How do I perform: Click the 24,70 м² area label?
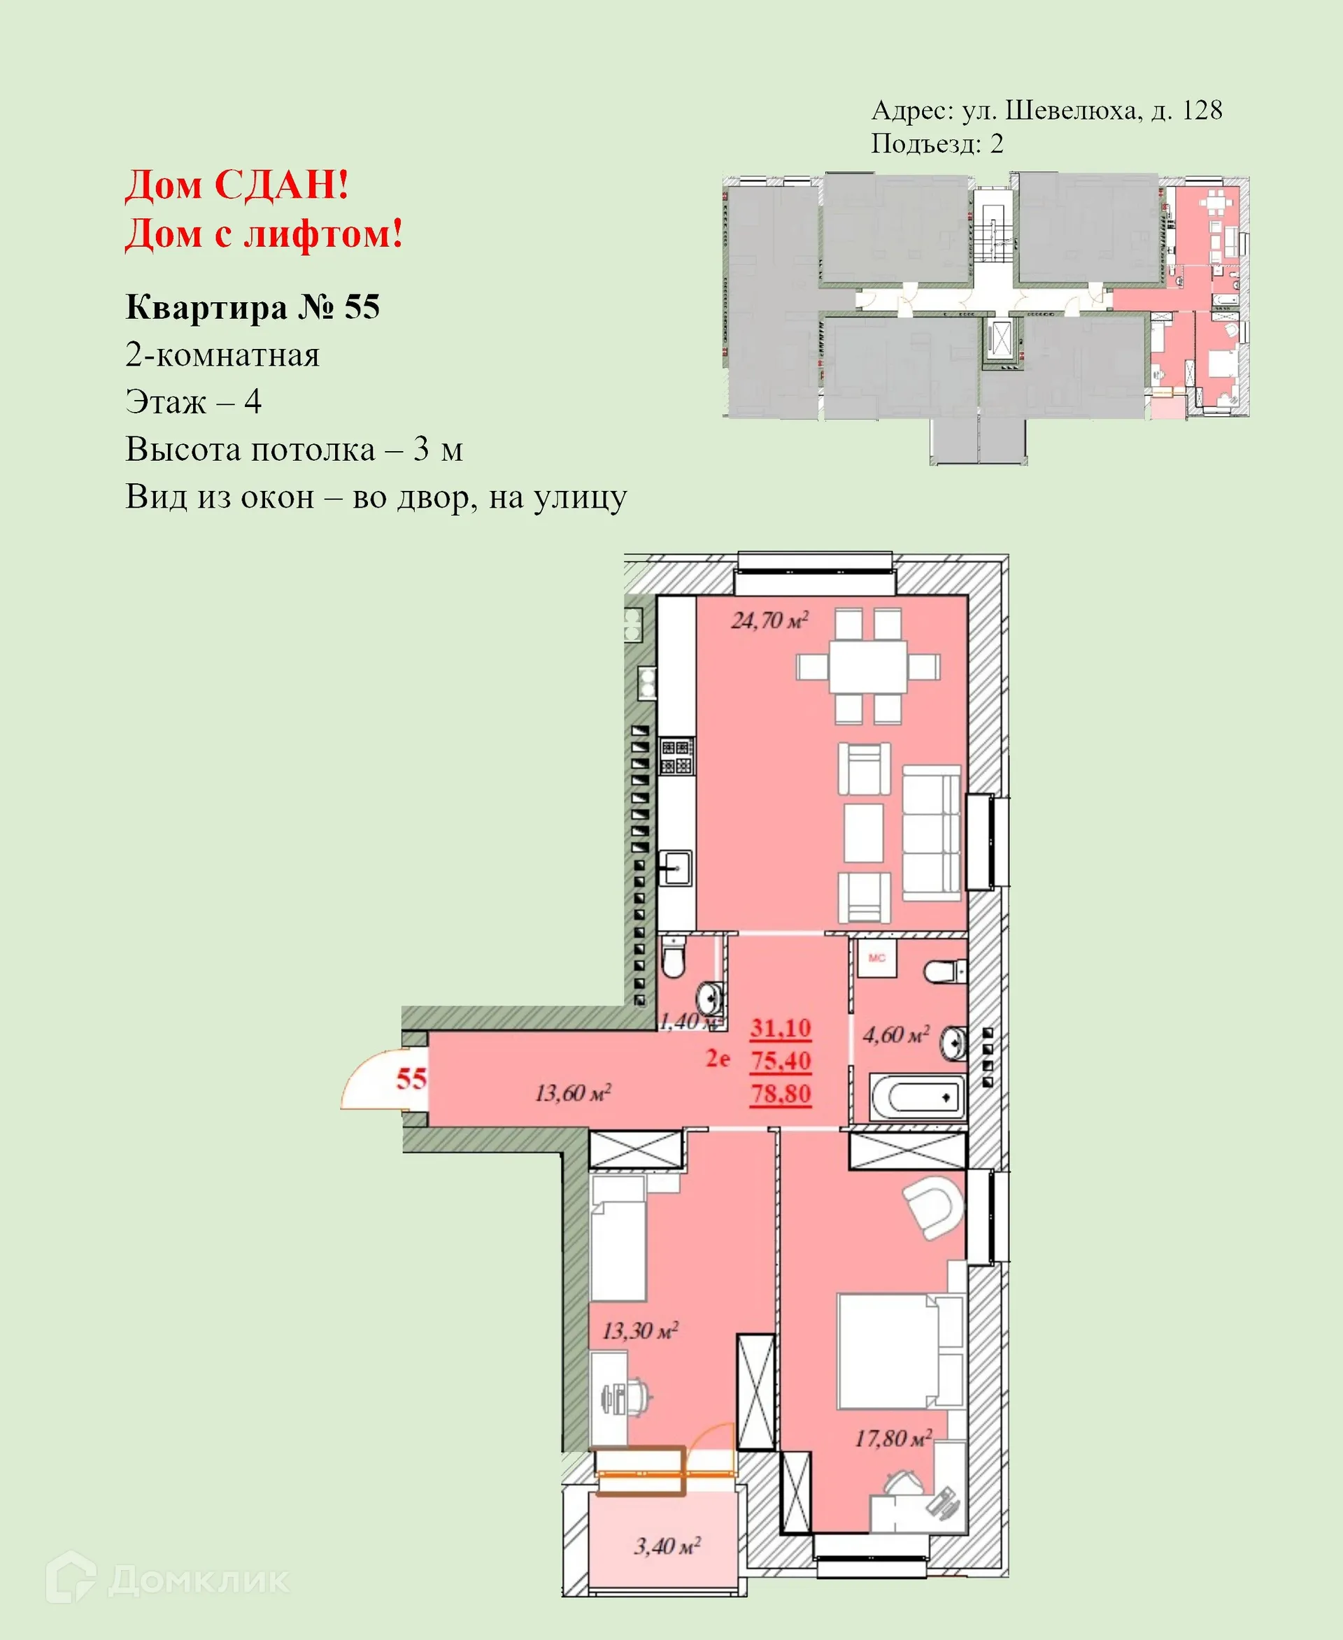[769, 620]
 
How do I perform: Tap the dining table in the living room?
[868, 666]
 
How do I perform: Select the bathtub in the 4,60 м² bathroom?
[918, 1096]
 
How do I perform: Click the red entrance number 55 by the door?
[411, 1078]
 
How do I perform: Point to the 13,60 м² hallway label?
[572, 1093]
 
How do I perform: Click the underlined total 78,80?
[781, 1094]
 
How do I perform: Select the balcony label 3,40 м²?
[667, 1546]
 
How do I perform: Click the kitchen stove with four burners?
[676, 757]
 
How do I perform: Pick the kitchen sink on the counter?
[676, 868]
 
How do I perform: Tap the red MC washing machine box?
[876, 958]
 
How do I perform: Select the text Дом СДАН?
[236, 185]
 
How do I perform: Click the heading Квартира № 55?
[253, 307]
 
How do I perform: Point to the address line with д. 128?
[1046, 110]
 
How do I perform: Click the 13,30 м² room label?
[640, 1332]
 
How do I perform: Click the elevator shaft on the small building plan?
[999, 338]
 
